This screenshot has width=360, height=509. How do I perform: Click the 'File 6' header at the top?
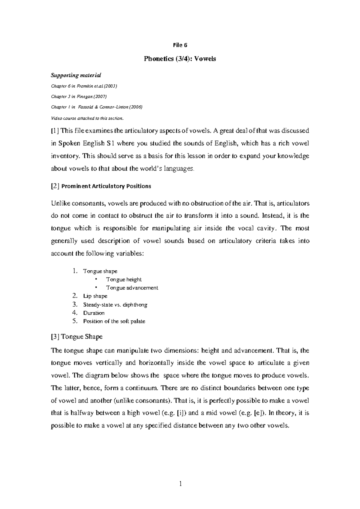coord(180,45)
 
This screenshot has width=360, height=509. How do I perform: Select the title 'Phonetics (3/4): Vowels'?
coord(180,59)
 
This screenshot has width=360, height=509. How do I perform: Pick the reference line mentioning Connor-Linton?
coord(97,107)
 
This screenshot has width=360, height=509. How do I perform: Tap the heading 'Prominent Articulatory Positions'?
coord(106,186)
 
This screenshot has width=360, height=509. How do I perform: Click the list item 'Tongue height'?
coord(124,279)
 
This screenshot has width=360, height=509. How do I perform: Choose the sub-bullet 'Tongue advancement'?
coord(132,288)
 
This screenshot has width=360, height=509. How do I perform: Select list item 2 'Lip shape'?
coord(95,296)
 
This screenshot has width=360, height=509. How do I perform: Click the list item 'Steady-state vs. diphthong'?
coord(115,305)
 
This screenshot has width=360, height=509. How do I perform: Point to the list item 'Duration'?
coord(94,313)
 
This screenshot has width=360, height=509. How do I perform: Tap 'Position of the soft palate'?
coord(114,321)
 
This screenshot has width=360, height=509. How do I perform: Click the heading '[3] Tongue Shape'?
coord(77,337)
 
